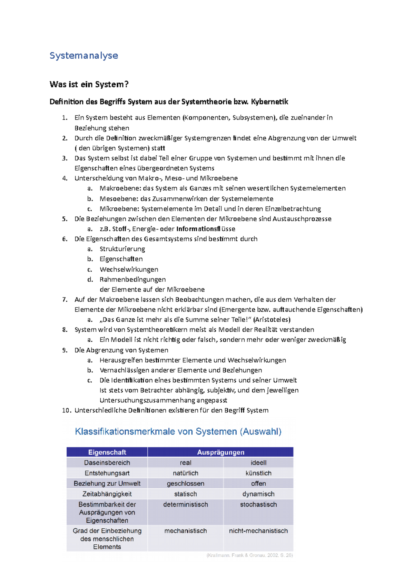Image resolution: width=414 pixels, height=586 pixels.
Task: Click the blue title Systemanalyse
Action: click(x=84, y=56)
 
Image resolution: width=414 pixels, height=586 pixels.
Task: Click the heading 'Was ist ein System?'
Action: click(x=89, y=84)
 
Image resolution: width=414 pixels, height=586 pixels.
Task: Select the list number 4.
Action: click(x=65, y=178)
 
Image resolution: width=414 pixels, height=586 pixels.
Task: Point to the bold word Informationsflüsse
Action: click(x=206, y=229)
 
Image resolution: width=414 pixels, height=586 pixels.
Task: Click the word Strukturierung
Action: click(x=122, y=249)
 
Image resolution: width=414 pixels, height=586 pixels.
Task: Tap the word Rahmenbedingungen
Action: click(x=132, y=279)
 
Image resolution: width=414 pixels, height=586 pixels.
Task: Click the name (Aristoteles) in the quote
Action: click(x=272, y=320)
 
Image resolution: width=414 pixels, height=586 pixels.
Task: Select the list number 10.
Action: click(x=66, y=410)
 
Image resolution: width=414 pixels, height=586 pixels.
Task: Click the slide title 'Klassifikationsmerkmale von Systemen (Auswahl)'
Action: click(x=178, y=431)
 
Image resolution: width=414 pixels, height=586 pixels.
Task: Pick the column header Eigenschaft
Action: click(x=107, y=452)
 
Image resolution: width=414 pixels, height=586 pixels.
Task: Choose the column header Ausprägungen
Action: click(x=220, y=452)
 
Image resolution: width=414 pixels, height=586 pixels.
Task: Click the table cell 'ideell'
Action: click(x=258, y=462)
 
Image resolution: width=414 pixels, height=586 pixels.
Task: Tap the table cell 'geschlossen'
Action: click(x=186, y=484)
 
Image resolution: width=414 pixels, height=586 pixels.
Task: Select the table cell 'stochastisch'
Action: click(x=258, y=505)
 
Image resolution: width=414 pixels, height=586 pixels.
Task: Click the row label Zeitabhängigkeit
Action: click(x=107, y=494)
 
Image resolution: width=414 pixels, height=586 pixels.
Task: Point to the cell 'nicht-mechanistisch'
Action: click(x=258, y=531)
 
